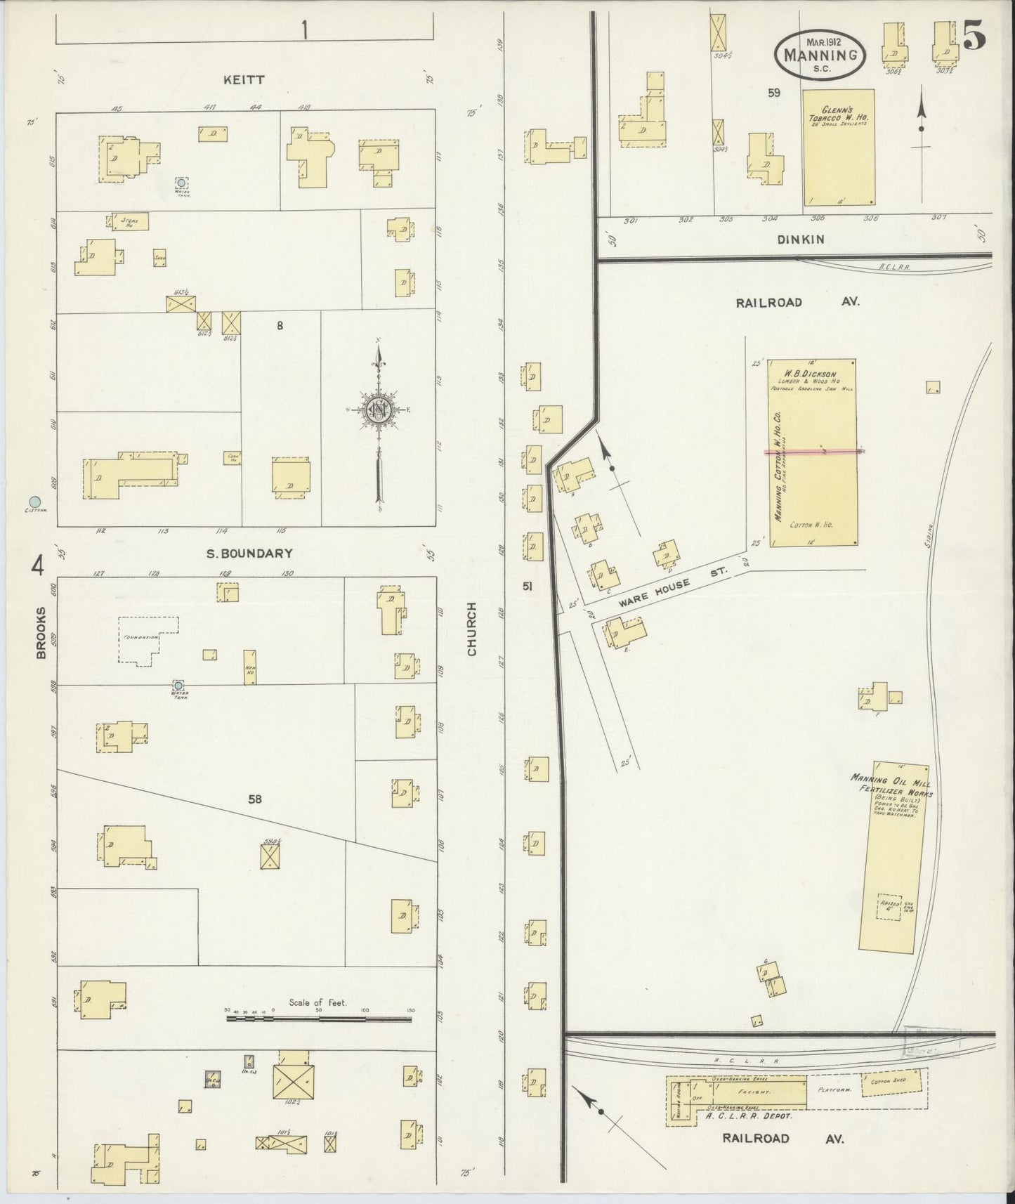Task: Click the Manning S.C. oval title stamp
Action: point(820,53)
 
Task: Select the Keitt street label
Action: point(244,80)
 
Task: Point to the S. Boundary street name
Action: point(249,554)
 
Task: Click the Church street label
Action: point(471,629)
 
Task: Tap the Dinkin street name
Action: point(800,240)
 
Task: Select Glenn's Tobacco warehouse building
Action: point(839,149)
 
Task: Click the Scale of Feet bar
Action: point(318,1019)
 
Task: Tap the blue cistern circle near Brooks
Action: point(33,502)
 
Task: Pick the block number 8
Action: point(280,325)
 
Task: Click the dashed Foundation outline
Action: point(147,639)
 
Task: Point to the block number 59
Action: point(773,92)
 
